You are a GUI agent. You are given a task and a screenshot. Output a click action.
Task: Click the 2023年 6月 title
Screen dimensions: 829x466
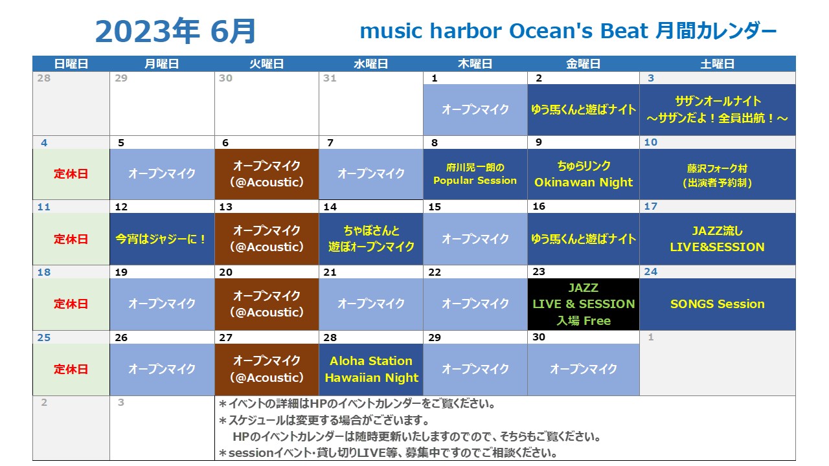[x=176, y=31]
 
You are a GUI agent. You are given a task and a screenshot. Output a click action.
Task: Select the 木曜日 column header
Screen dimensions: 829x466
[x=475, y=63]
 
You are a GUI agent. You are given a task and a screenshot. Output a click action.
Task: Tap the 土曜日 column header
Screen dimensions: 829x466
[x=717, y=63]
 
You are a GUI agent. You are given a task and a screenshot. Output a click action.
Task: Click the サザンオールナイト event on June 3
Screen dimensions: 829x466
[x=717, y=109]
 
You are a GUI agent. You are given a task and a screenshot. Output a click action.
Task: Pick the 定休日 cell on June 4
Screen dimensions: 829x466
[x=71, y=174]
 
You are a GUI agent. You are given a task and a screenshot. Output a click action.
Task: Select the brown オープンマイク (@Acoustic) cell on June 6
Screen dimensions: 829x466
[x=266, y=174]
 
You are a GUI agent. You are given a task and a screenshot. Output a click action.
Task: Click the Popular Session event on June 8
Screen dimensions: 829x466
[x=475, y=174]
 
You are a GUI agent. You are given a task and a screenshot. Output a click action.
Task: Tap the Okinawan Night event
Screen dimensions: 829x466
[x=584, y=174]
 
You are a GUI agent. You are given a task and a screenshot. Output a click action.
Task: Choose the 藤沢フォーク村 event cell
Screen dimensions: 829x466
[x=717, y=174]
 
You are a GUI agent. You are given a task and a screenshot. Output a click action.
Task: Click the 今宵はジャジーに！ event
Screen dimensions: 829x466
[x=162, y=239]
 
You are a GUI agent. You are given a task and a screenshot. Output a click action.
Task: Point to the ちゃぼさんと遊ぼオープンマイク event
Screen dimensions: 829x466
[x=371, y=239]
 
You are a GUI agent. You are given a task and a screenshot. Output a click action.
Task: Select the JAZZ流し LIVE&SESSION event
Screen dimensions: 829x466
[x=717, y=239]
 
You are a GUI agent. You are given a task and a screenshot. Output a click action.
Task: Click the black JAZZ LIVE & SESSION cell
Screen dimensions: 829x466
[x=584, y=304]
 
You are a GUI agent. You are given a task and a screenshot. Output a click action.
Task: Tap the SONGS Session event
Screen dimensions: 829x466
[x=717, y=304]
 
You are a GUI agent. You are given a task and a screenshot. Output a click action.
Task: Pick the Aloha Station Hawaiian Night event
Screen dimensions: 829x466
[x=371, y=370]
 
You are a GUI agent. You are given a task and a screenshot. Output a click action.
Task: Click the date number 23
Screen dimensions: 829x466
[x=539, y=272]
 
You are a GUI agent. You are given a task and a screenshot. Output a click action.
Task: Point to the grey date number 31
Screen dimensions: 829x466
[x=330, y=78]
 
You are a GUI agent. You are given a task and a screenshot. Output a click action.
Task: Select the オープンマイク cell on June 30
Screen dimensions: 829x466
[x=584, y=370]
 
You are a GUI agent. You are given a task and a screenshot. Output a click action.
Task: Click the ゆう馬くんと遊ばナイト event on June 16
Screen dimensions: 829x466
[x=584, y=239]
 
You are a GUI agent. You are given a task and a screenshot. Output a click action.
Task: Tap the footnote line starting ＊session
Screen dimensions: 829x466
[x=388, y=452]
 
